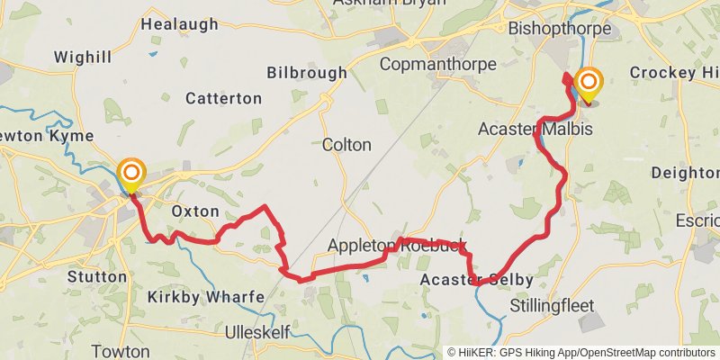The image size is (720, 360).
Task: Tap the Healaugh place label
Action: (180, 24)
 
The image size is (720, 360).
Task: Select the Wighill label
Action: (83, 58)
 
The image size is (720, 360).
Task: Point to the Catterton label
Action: (224, 98)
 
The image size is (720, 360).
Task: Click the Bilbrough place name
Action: (307, 72)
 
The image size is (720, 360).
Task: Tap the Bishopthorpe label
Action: (560, 29)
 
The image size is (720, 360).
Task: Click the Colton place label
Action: (346, 144)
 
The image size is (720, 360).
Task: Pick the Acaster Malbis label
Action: (535, 130)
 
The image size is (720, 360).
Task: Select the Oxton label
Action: (195, 211)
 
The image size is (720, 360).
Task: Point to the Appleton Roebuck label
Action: (397, 246)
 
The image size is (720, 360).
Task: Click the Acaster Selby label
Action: (477, 280)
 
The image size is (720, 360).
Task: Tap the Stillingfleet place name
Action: (552, 306)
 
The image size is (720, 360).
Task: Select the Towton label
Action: (121, 351)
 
